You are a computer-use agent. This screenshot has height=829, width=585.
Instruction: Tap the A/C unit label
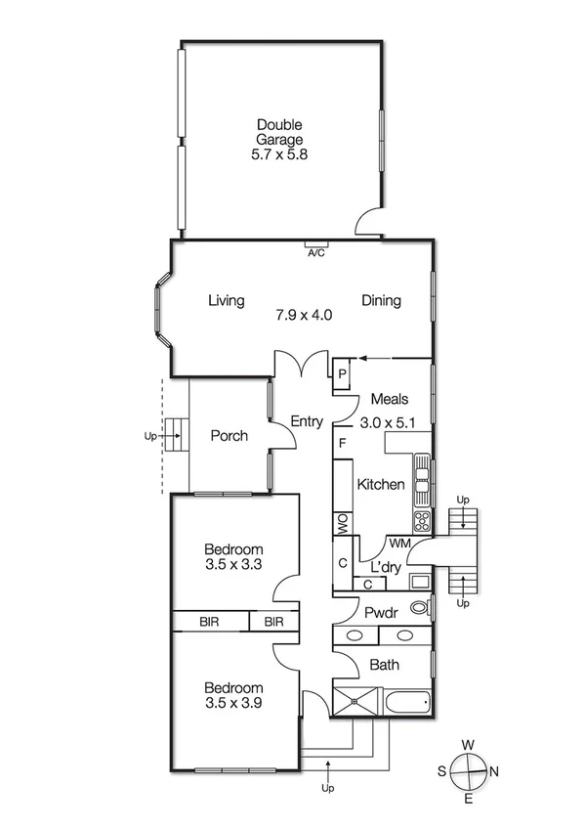tap(315, 252)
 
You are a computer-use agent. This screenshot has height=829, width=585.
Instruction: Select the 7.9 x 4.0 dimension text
tap(303, 315)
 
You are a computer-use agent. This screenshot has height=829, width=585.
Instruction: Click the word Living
tap(226, 301)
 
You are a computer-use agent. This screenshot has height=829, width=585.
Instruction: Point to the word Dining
tap(381, 301)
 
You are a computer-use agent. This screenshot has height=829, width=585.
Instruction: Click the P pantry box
tap(342, 373)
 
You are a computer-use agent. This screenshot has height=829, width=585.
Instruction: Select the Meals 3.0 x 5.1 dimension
tap(388, 423)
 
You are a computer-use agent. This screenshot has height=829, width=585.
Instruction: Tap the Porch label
tap(230, 436)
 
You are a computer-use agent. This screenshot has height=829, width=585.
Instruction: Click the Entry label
tap(307, 421)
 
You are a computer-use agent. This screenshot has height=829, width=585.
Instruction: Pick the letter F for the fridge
tap(342, 443)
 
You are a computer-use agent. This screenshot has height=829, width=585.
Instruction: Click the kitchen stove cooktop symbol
tap(423, 518)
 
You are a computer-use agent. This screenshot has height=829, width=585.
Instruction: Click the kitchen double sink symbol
tap(423, 476)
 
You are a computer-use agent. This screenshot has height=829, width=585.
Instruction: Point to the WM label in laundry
tap(398, 543)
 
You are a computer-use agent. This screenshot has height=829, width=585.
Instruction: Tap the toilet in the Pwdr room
tap(420, 608)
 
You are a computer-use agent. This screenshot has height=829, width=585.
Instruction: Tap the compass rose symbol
tap(469, 770)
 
